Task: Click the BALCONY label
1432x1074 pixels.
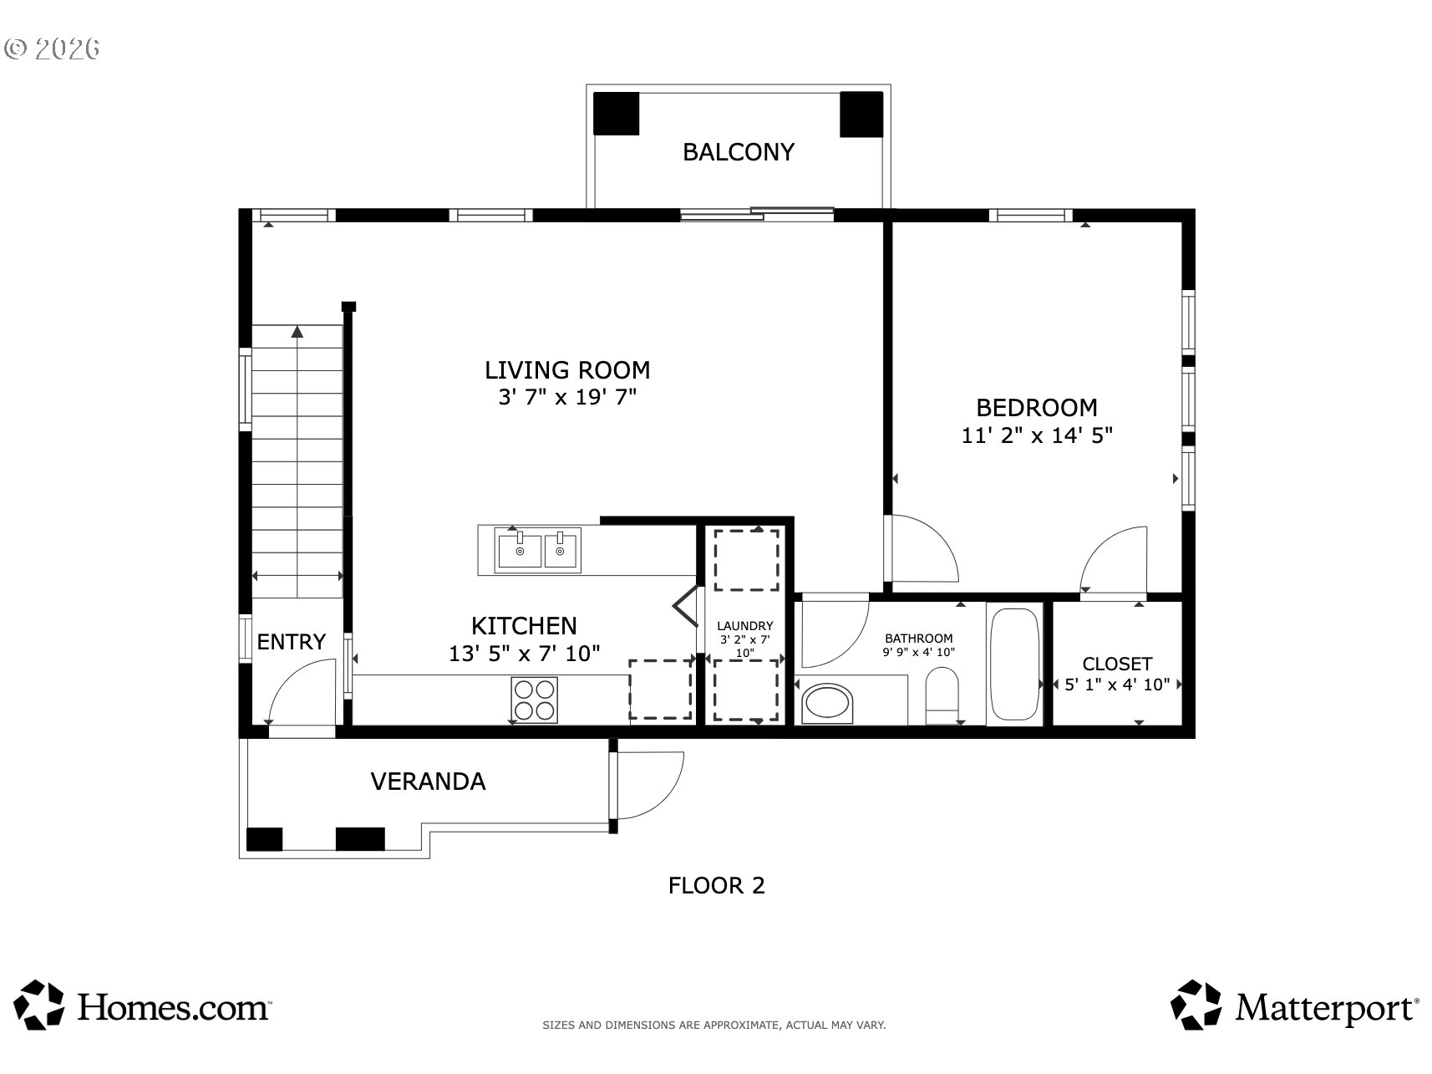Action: point(739,152)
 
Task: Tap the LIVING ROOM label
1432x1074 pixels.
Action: point(567,369)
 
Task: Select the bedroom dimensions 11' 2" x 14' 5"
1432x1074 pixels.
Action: point(1037,435)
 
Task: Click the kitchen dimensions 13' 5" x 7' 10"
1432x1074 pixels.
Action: point(524,654)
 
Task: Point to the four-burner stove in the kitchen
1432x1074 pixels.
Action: point(535,700)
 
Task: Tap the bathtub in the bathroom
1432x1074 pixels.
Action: point(1014,664)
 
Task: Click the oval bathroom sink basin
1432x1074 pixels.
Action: point(827,704)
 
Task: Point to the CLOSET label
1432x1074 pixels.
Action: point(1117,664)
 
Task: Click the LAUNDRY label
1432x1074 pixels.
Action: point(745,625)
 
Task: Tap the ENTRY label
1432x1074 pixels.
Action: point(291,642)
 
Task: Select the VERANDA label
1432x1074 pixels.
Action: point(428,781)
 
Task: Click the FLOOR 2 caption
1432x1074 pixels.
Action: point(717,885)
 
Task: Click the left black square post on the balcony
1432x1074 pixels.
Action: point(616,114)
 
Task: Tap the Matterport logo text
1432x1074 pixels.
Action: point(1327,1007)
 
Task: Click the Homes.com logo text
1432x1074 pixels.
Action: point(173,1007)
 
